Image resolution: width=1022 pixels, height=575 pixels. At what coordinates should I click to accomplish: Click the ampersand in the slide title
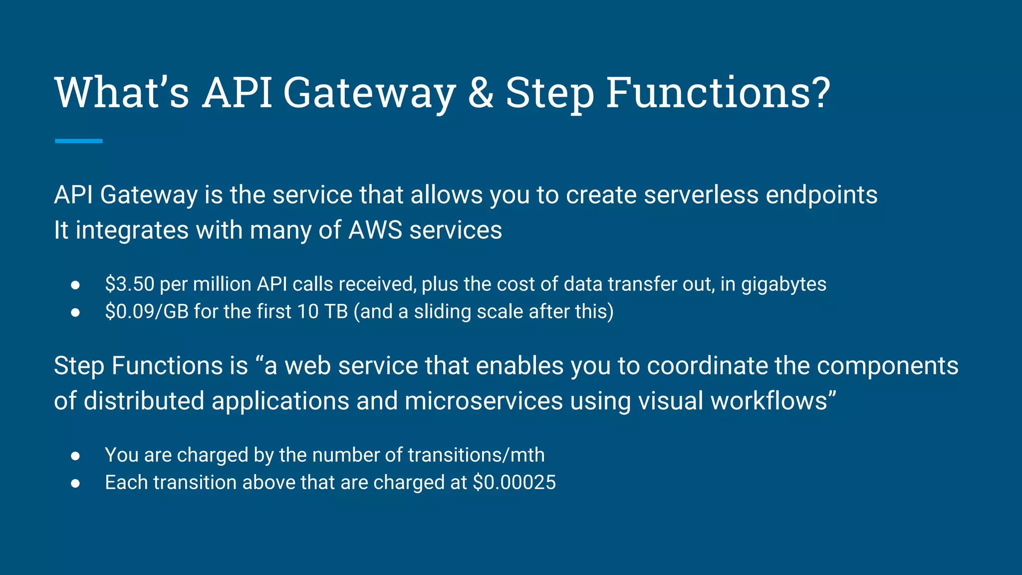point(480,93)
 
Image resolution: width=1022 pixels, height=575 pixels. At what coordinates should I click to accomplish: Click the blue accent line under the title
point(78,141)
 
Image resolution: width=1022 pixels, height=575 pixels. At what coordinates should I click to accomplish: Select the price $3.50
point(130,284)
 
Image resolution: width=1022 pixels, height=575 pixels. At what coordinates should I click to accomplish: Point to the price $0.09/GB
point(147,312)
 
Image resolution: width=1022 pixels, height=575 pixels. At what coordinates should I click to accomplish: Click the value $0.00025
point(514,483)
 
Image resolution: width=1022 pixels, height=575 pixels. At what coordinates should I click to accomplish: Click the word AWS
point(375,230)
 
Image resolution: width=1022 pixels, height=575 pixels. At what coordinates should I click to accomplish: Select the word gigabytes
point(783,285)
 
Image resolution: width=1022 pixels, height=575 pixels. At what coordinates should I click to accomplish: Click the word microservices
point(484,401)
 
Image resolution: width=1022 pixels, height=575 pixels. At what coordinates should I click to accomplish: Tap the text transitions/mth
point(476,455)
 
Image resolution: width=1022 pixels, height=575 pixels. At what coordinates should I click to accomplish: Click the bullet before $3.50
point(75,285)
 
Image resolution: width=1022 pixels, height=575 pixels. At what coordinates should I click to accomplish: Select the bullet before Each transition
point(75,483)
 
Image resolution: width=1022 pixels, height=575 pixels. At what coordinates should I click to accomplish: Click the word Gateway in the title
point(369,93)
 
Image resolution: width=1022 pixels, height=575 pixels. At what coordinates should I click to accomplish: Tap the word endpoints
point(821,195)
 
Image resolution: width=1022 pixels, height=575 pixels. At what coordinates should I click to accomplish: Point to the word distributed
point(144,401)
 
